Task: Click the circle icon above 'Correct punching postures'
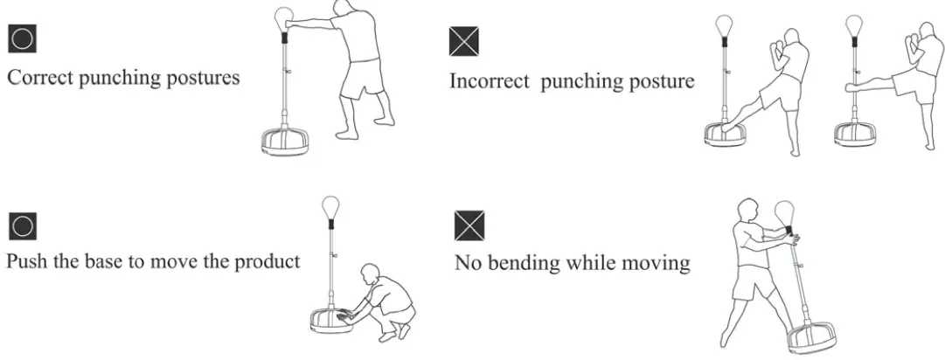pyautogui.click(x=21, y=39)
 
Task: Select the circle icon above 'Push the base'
pyautogui.click(x=21, y=226)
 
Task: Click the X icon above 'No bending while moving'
pyautogui.click(x=469, y=225)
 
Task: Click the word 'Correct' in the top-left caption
pyautogui.click(x=38, y=77)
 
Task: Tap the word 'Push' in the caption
pyautogui.click(x=25, y=261)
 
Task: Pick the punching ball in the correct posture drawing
pyautogui.click(x=283, y=17)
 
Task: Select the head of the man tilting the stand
pyautogui.click(x=748, y=211)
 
